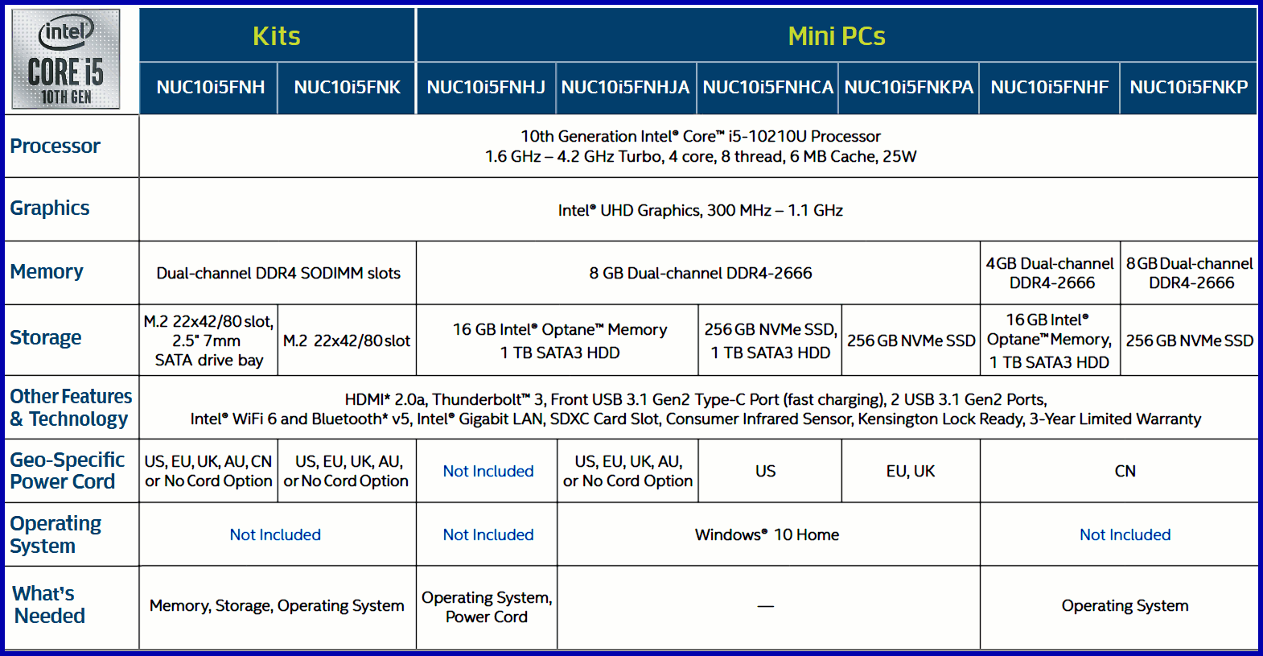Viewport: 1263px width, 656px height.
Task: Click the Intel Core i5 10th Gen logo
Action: click(x=66, y=59)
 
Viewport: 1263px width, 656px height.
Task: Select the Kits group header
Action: click(x=276, y=35)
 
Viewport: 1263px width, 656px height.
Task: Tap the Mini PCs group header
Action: click(x=837, y=35)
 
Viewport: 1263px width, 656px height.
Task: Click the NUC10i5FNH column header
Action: click(x=210, y=88)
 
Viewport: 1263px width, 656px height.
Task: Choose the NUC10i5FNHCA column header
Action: click(x=768, y=88)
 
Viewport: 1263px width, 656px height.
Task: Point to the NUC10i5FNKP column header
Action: click(x=1189, y=88)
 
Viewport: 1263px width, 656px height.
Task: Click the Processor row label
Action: click(x=56, y=146)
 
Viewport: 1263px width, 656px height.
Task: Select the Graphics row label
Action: click(x=50, y=208)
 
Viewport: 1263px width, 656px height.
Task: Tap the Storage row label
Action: click(x=46, y=337)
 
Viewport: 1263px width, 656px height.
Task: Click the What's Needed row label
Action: click(x=49, y=604)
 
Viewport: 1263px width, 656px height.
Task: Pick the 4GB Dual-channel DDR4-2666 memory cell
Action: click(x=1050, y=273)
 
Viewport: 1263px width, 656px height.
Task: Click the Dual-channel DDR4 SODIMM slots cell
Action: click(x=278, y=273)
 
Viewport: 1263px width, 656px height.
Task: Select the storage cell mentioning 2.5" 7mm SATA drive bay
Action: click(x=208, y=340)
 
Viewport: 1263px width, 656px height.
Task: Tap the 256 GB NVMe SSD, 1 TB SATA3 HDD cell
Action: click(x=770, y=340)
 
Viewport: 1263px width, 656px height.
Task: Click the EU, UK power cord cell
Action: click(x=911, y=471)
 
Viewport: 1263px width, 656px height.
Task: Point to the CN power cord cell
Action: click(x=1125, y=471)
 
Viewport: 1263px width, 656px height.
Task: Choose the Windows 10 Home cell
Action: click(x=767, y=534)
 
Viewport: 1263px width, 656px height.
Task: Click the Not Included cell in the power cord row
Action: click(x=488, y=471)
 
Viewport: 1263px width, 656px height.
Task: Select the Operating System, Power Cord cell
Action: click(x=487, y=607)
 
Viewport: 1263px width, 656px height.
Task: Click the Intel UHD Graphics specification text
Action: click(x=701, y=210)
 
